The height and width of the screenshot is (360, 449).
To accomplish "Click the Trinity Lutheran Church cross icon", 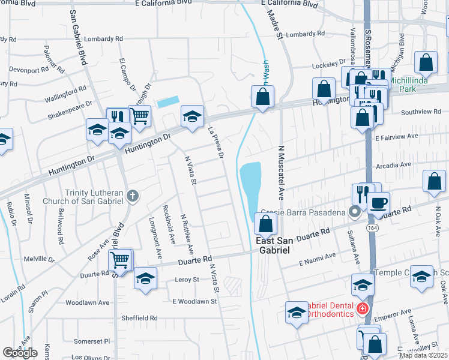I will pyautogui.click(x=133, y=195).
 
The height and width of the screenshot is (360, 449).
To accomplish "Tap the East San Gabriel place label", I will pyautogui.click(x=273, y=246).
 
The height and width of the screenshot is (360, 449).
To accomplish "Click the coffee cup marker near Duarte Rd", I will pyautogui.click(x=378, y=203).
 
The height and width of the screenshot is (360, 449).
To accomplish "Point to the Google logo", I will pyautogui.click(x=20, y=353).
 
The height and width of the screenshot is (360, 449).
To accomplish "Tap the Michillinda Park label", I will pyautogui.click(x=412, y=84).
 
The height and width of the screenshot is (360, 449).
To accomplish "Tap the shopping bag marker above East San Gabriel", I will pyautogui.click(x=266, y=224).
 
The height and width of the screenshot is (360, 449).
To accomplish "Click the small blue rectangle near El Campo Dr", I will pyautogui.click(x=167, y=102).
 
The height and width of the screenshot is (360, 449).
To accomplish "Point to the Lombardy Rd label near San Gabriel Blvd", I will pyautogui.click(x=103, y=39).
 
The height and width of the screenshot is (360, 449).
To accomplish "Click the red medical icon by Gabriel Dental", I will pyautogui.click(x=361, y=308).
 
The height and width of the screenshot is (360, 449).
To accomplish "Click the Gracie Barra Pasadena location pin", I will pyautogui.click(x=355, y=211).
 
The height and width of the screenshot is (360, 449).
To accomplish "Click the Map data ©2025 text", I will pyautogui.click(x=423, y=355).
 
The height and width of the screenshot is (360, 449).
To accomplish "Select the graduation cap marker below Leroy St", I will pyautogui.click(x=145, y=278).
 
